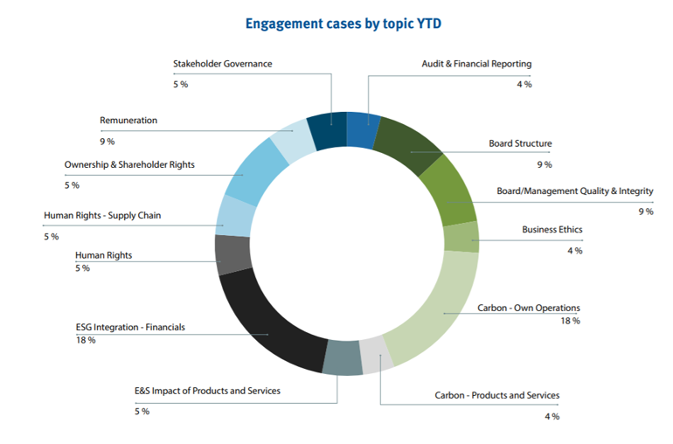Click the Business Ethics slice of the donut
(x=461, y=237)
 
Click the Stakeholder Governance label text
(x=222, y=64)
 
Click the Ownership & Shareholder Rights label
(x=129, y=164)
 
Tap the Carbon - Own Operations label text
(x=529, y=308)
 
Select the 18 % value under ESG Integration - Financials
(x=86, y=340)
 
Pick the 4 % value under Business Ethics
(x=573, y=251)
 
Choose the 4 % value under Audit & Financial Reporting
(x=523, y=85)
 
